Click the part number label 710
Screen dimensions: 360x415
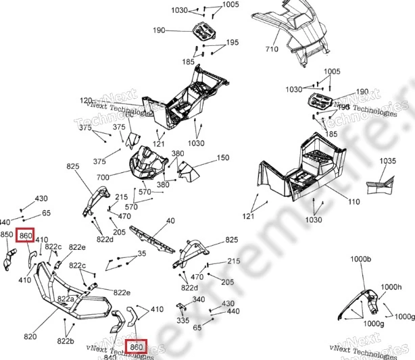pos(271,50)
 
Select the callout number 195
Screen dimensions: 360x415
pos(233,43)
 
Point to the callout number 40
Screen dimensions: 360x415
pos(170,221)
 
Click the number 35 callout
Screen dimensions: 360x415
pos(142,253)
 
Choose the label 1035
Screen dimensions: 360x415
pos(387,161)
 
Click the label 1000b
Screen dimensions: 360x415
pos(361,259)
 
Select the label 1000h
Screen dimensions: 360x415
pos(391,286)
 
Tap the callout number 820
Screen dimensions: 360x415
pos(30,336)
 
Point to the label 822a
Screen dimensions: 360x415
pos(66,299)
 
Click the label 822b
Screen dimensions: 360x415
pos(66,341)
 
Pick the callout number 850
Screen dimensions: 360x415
pos(7,234)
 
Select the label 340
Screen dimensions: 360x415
pos(199,299)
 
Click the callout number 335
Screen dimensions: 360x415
pos(183,320)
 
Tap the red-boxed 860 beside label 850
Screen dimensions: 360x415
pos(26,234)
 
